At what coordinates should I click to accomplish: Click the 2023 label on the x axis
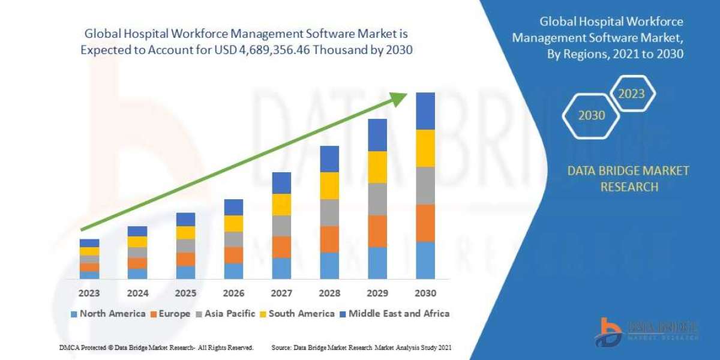click(x=89, y=293)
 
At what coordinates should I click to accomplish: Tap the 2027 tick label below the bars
click(x=281, y=293)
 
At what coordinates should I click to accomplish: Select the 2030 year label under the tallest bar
click(x=425, y=293)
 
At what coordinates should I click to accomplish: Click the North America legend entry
click(x=108, y=313)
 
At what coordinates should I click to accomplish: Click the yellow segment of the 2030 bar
click(x=425, y=148)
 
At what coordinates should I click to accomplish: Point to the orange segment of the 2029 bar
click(x=377, y=231)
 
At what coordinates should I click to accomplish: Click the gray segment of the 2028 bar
click(x=329, y=212)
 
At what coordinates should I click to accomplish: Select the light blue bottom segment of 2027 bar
click(x=281, y=268)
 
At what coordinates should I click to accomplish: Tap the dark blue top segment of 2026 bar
click(x=233, y=207)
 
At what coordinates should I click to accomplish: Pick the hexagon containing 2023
click(x=632, y=94)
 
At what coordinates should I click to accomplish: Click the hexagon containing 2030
click(x=592, y=115)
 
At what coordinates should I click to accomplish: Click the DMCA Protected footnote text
click(x=156, y=347)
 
